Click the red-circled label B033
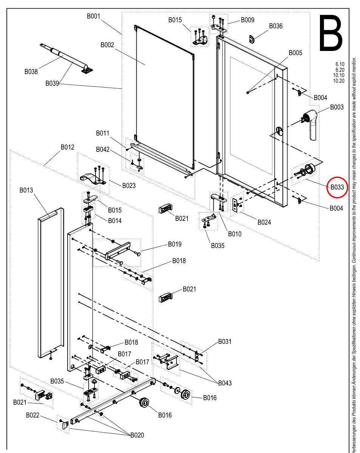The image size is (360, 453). [x=337, y=187]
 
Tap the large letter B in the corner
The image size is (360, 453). [x=331, y=33]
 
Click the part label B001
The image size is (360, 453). [x=94, y=16]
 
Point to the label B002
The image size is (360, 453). [x=107, y=45]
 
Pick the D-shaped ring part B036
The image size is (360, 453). [x=252, y=39]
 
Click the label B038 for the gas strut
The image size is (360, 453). [x=31, y=72]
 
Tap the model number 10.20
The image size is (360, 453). [x=339, y=81]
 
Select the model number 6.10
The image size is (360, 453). [x=340, y=64]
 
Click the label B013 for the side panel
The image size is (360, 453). [x=26, y=190]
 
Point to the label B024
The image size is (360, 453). [x=264, y=222]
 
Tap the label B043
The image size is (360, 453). [x=225, y=383]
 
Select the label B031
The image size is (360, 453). [x=225, y=341]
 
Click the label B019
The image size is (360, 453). [x=175, y=244]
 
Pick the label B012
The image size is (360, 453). [x=67, y=147]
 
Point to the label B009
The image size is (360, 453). [x=247, y=20]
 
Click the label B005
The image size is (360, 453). [x=295, y=52]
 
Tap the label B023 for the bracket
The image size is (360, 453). [x=129, y=186]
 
